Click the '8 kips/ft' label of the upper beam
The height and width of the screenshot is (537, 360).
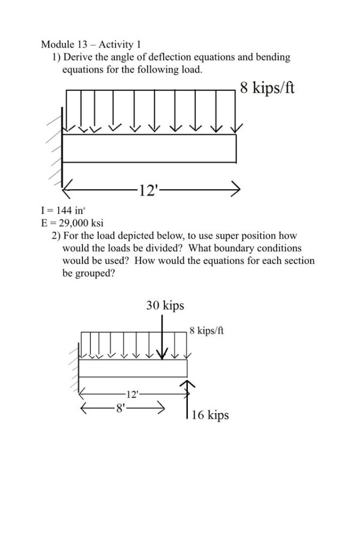coord(267,87)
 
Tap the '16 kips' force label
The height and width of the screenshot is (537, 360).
coord(210,415)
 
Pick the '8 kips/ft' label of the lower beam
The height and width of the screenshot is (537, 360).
coord(207,330)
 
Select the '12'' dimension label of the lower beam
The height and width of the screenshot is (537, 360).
coord(130,393)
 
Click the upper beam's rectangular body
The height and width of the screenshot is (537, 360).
coord(150,148)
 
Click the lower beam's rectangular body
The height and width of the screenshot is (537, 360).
coord(133,368)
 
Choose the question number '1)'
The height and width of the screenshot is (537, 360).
coord(56,57)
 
